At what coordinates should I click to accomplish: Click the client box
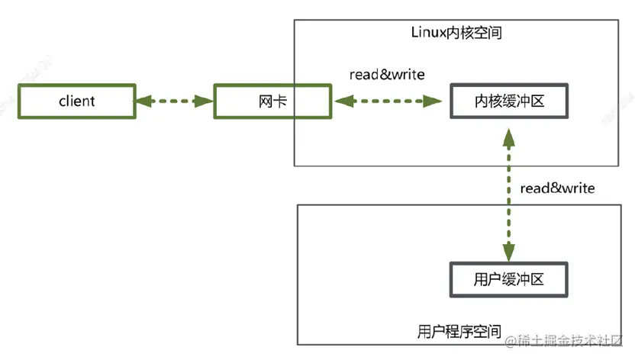coord(76,101)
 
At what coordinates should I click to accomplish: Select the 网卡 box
coord(272,101)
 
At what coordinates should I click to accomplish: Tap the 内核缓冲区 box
coord(509,101)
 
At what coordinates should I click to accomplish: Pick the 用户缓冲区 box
coord(509,279)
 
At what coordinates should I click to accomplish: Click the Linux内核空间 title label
coord(456,34)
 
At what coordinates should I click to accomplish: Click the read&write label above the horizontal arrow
coord(386,74)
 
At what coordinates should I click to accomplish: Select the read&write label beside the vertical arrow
coord(556,188)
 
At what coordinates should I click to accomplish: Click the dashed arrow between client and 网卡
coord(174,101)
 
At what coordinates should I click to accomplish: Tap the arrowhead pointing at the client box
coord(143,101)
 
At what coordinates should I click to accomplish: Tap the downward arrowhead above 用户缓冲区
coord(509,252)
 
